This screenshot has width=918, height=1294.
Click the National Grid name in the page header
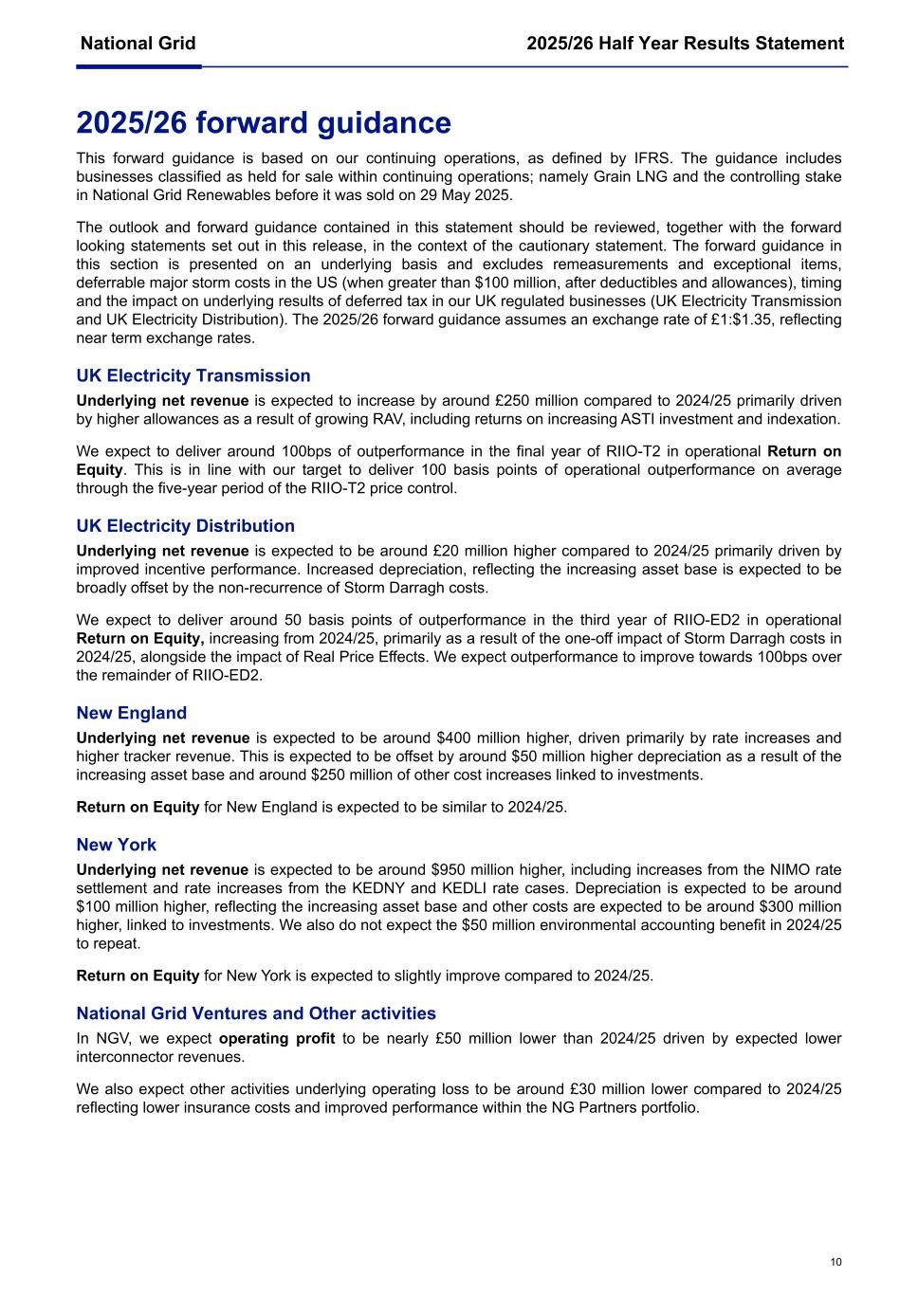[138, 44]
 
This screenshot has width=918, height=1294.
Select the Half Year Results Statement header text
[685, 44]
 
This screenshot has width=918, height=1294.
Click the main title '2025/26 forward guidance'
[264, 123]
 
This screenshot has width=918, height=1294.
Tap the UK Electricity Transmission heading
[193, 375]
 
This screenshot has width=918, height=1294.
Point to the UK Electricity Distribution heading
[185, 526]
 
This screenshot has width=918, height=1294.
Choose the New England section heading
[132, 713]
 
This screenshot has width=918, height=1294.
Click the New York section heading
[117, 845]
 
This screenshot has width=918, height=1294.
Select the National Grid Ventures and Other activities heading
[256, 1013]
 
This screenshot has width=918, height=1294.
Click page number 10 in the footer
[835, 1262]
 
